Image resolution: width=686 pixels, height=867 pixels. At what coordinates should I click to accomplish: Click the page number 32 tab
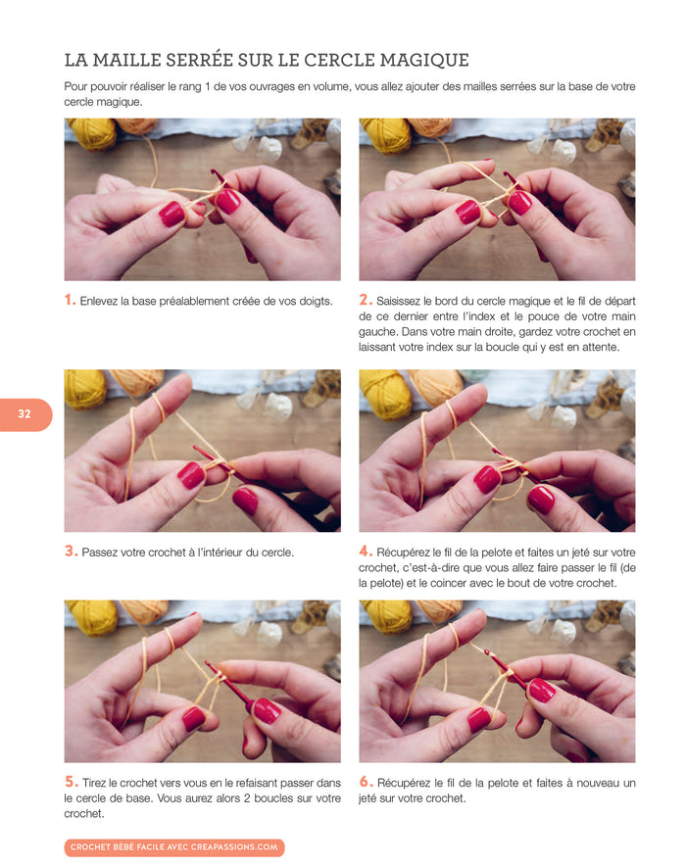click(x=24, y=414)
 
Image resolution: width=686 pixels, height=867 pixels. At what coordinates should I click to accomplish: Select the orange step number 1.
click(x=70, y=301)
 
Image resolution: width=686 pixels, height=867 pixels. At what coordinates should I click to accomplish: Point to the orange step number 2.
click(x=365, y=301)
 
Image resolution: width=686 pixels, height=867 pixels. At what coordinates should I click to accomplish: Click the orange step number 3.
click(x=71, y=552)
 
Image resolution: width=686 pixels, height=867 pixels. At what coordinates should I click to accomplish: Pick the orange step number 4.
click(x=366, y=552)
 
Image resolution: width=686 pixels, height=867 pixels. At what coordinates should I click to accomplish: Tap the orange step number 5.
click(x=71, y=782)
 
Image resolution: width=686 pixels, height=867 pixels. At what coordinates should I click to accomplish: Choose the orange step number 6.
click(x=366, y=782)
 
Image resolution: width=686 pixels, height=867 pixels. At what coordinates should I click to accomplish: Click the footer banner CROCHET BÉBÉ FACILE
click(x=174, y=846)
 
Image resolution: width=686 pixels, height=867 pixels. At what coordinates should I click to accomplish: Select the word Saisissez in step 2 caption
click(x=402, y=301)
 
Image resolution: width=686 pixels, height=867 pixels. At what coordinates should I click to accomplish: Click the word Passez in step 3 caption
click(x=100, y=552)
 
